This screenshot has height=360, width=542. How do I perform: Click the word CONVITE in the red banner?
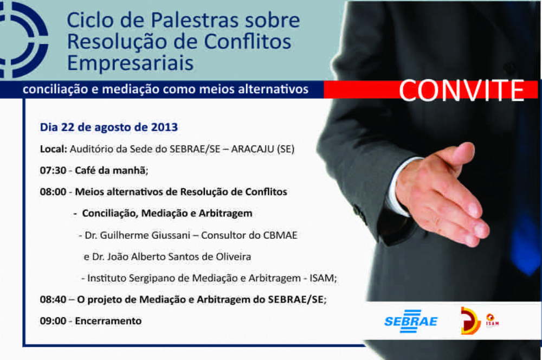coord(462,91)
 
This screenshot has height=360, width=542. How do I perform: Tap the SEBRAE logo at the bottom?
coord(411,322)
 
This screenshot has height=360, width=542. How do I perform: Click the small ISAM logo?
coord(492,320)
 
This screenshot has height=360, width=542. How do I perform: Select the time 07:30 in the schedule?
coord(53,170)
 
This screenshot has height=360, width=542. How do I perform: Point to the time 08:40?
coord(53,299)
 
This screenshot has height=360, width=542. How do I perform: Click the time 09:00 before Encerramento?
coord(53,321)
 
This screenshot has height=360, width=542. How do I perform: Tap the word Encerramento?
coord(108,321)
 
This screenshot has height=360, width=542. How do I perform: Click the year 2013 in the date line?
coord(164,127)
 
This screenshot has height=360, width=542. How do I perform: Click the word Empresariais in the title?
coord(130,63)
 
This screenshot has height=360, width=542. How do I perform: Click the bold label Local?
coord(54,149)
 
